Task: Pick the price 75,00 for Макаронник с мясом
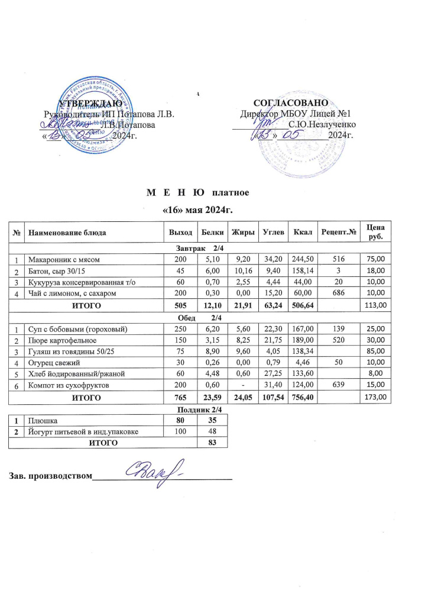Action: (x=377, y=259)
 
